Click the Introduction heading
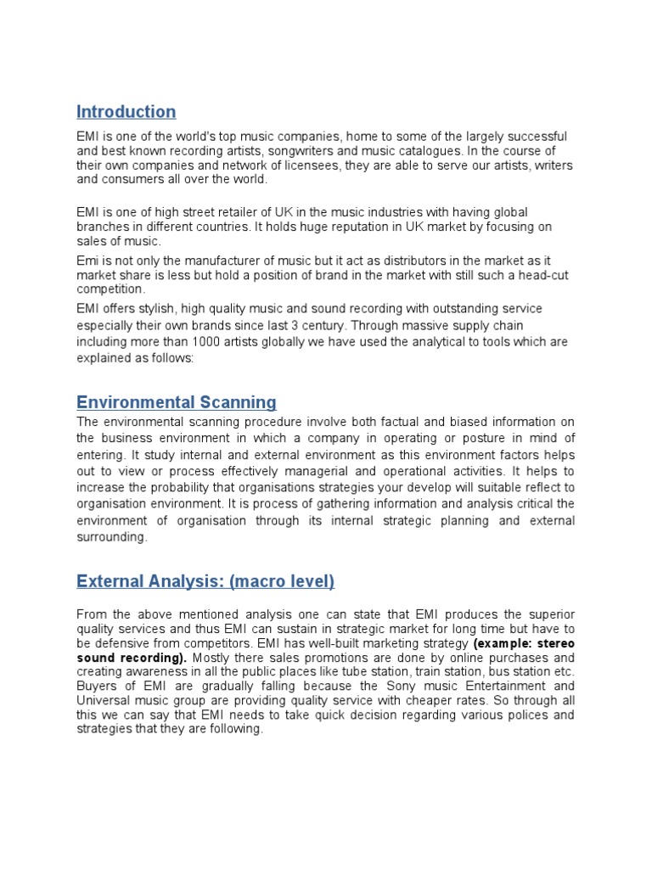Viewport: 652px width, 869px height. (126, 112)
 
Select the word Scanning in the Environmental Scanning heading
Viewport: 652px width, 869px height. (234, 402)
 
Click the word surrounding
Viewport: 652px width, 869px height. (110, 537)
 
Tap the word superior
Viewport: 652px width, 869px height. (543, 614)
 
